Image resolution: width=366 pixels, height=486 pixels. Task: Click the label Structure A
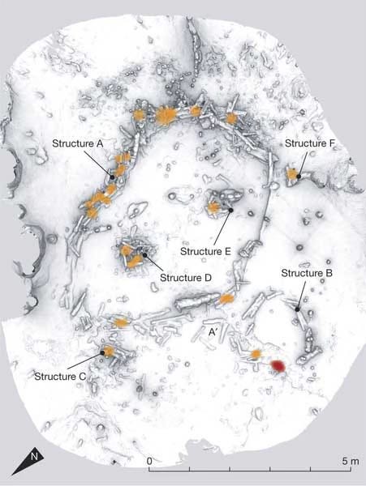click(79, 143)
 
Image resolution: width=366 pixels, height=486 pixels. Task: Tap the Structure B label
click(307, 274)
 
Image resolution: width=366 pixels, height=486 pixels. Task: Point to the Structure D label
click(186, 278)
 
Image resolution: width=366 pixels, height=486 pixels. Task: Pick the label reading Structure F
click(310, 143)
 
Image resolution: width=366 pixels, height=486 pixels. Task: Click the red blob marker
click(278, 367)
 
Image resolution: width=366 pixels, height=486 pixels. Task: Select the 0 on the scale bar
click(149, 461)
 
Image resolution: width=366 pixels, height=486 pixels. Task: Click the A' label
click(213, 332)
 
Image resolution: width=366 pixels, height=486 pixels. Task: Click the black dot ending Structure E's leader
click(230, 211)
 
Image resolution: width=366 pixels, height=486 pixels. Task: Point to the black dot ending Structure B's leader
click(297, 309)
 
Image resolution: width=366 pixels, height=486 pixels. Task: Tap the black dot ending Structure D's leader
click(144, 255)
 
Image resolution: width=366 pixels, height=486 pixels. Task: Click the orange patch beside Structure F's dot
click(291, 174)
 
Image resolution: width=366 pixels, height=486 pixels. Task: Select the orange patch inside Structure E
click(215, 208)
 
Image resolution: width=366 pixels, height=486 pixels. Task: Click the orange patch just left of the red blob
click(256, 355)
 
